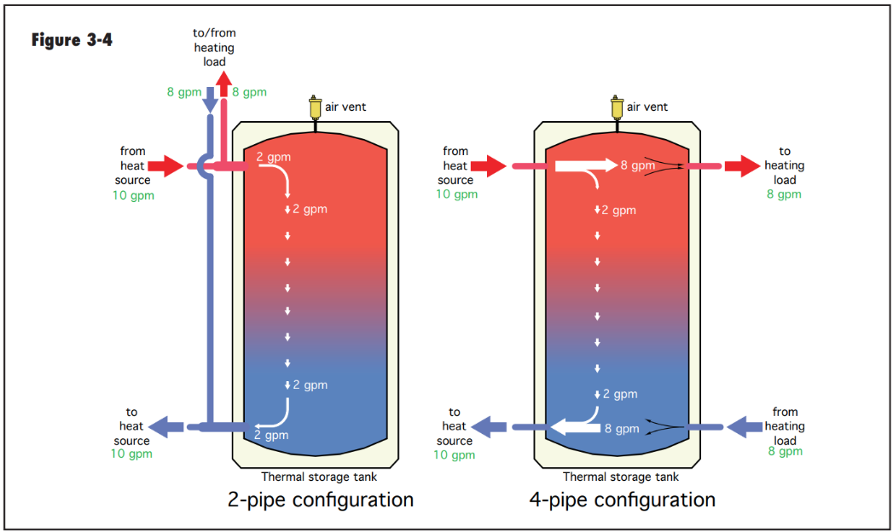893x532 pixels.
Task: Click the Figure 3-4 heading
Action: click(x=72, y=40)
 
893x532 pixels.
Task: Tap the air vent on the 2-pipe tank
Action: click(x=315, y=108)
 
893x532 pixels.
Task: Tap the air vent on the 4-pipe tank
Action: click(x=617, y=108)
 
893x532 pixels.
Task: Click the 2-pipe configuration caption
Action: click(x=321, y=500)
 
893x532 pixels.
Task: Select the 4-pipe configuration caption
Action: click(x=623, y=500)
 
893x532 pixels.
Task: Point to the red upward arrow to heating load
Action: click(x=223, y=84)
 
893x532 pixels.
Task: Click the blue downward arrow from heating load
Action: click(x=210, y=100)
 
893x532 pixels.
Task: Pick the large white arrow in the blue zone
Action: click(x=575, y=427)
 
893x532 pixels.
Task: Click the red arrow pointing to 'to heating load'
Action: click(x=742, y=166)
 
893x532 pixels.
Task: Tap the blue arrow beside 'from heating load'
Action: click(x=745, y=427)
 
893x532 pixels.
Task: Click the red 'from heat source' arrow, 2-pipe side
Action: click(x=165, y=166)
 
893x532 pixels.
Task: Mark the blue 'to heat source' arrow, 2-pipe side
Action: click(x=166, y=427)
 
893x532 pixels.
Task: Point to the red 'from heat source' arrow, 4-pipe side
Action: click(x=489, y=166)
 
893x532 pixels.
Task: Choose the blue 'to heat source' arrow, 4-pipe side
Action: click(x=490, y=427)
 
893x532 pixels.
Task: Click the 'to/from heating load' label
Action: click(x=214, y=47)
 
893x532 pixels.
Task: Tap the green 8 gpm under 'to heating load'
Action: click(x=784, y=194)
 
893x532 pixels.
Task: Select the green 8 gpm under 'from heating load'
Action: click(x=785, y=452)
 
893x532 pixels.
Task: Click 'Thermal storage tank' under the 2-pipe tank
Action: click(x=319, y=477)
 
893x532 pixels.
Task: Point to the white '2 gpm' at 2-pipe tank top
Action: click(x=274, y=157)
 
